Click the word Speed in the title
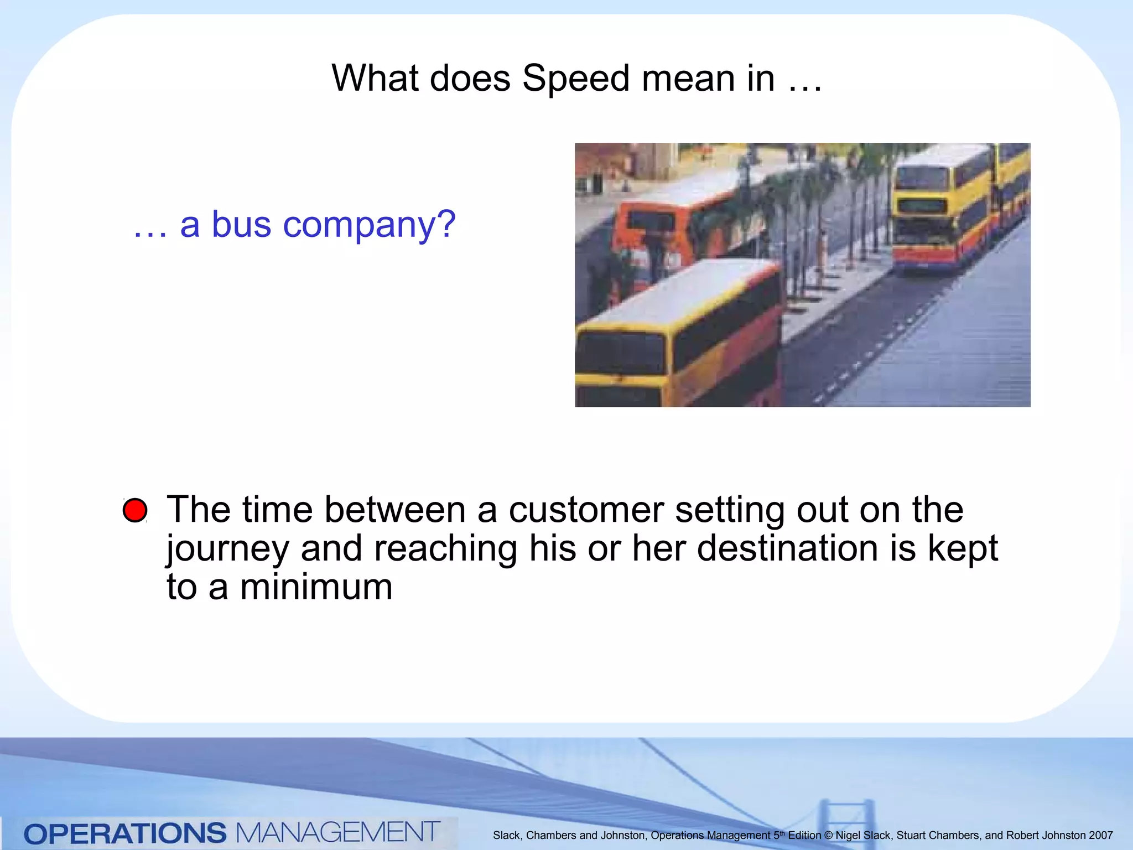pos(575,79)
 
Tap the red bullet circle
pos(135,510)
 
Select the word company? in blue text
pos(369,225)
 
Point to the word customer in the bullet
pos(586,509)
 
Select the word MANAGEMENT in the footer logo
pos(338,832)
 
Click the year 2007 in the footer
pos(1100,835)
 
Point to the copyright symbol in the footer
pos(828,835)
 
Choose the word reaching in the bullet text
pos(445,549)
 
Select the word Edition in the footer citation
pos(804,835)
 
